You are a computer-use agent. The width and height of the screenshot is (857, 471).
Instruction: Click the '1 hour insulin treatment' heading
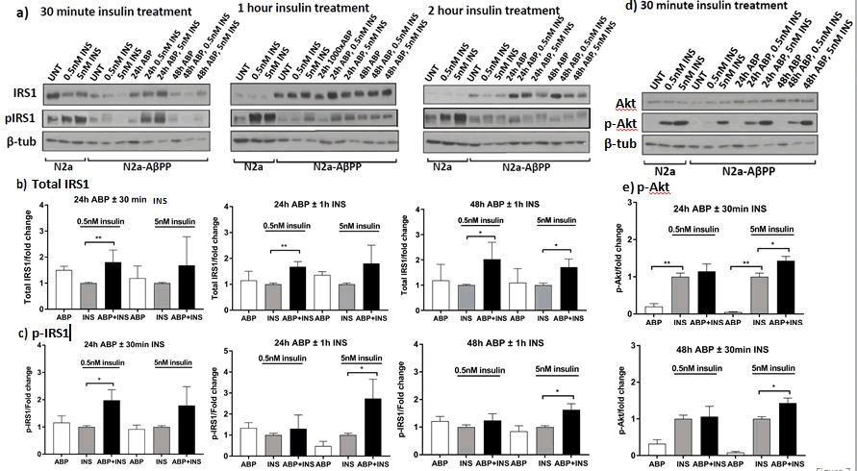point(302,9)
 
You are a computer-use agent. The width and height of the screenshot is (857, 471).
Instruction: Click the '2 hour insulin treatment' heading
point(493,11)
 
